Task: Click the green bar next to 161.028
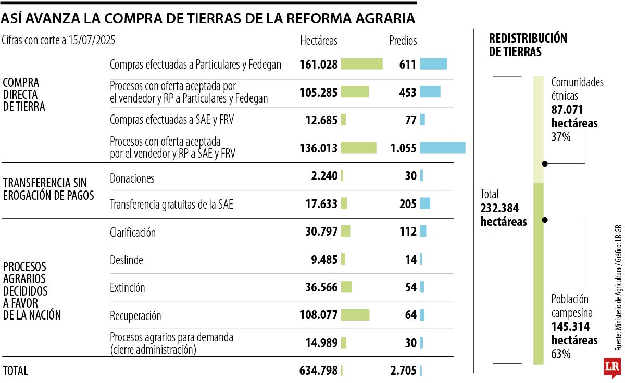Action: coord(361,64)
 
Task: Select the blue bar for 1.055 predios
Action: coord(443,148)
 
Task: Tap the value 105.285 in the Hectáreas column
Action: coord(318,92)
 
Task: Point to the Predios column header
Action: coord(403,40)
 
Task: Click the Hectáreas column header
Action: coord(319,40)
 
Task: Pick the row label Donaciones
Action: coord(132,178)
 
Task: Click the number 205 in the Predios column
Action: coord(407,204)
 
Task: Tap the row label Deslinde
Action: coord(127,259)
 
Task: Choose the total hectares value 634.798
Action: coord(318,371)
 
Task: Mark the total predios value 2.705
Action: coord(403,371)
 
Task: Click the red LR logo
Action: coord(612,367)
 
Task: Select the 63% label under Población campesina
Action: coord(561,354)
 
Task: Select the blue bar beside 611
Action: coord(433,64)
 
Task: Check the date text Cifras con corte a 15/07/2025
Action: coord(58,40)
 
